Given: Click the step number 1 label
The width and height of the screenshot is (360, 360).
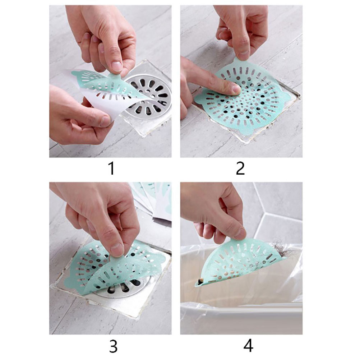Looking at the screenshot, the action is tap(111, 169).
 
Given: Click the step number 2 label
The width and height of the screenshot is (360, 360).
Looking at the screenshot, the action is tap(240, 169).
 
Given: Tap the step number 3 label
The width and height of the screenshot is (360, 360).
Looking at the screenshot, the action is tap(113, 346).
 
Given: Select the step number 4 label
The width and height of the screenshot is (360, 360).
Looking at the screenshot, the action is tap(248, 346).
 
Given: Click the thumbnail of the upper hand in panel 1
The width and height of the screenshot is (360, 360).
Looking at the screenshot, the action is tap(117, 66).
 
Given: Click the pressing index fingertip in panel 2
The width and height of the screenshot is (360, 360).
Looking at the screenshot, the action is tap(235, 88).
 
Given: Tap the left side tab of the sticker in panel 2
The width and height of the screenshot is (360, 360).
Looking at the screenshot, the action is tap(198, 99).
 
